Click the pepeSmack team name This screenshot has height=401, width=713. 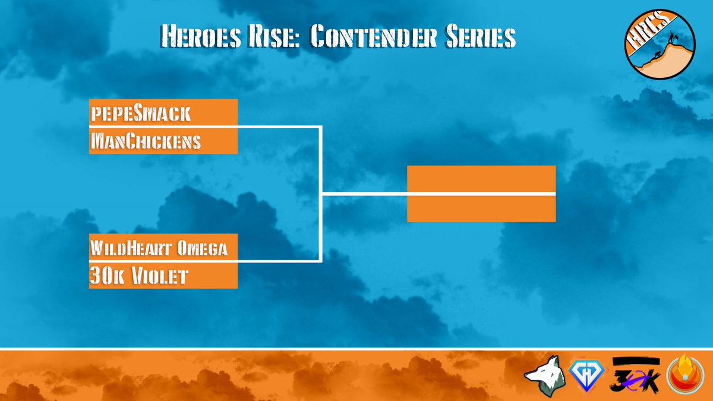(141, 112)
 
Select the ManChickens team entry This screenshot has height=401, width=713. (146, 141)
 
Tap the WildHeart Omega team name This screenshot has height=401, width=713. (158, 247)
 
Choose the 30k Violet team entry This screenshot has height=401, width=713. (139, 276)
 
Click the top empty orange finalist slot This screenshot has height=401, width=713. (481, 179)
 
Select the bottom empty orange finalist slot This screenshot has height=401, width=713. (481, 209)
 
